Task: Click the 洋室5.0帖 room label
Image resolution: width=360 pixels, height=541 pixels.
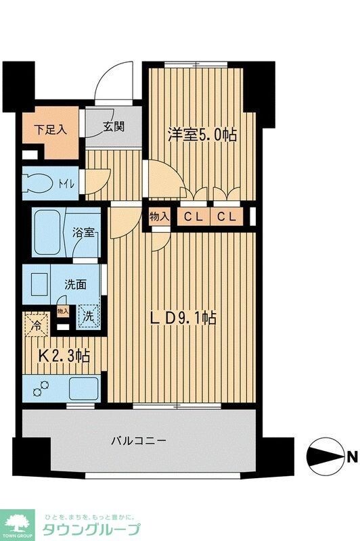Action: click(x=202, y=135)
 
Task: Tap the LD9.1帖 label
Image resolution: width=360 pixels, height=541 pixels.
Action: click(x=183, y=317)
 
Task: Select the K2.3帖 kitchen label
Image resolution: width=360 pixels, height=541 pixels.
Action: click(x=63, y=355)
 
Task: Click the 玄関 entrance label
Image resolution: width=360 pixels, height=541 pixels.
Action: click(x=113, y=126)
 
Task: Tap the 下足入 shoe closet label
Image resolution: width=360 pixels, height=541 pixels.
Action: click(x=50, y=128)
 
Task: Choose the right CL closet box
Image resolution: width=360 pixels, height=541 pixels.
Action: click(x=227, y=217)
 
